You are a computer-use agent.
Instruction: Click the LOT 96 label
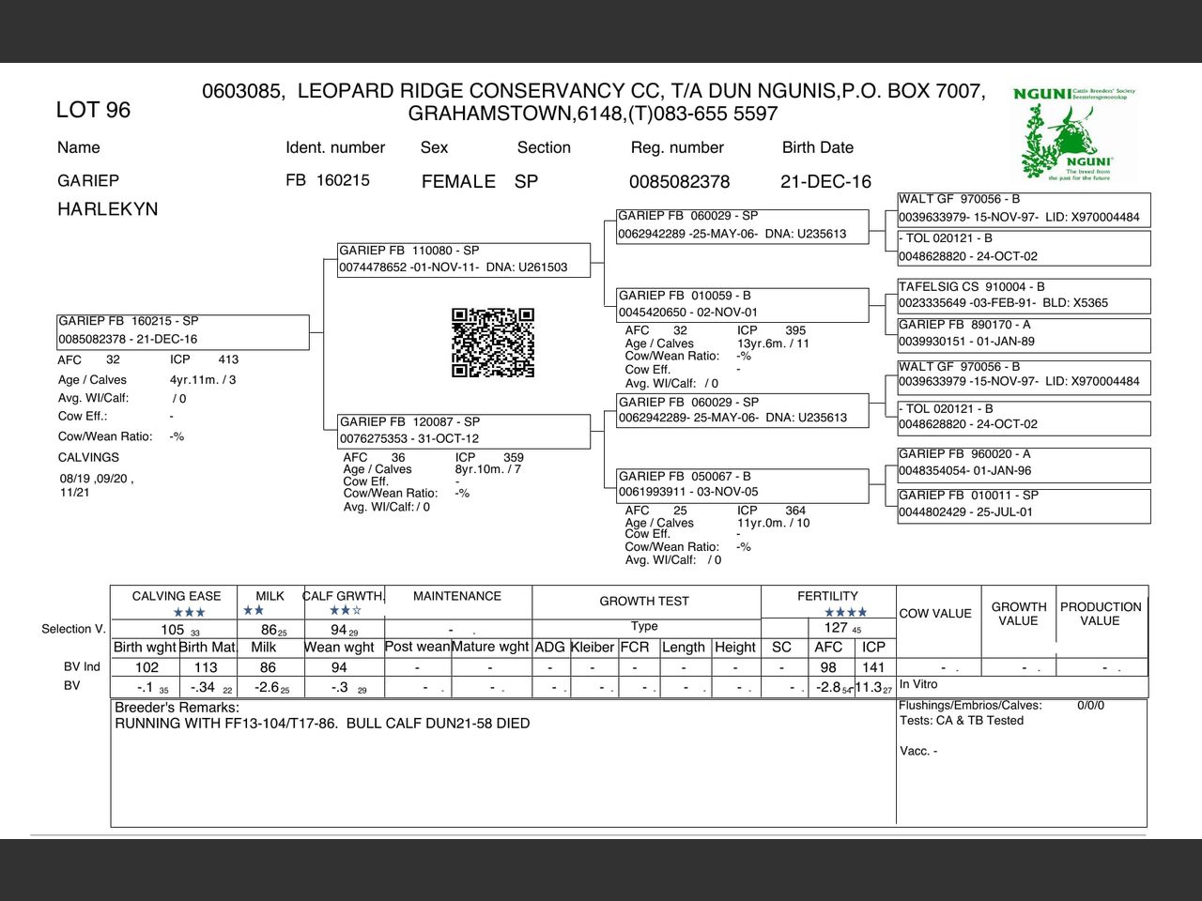93,110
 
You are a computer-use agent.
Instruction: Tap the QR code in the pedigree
493,343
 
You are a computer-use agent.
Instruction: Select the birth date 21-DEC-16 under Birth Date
825,181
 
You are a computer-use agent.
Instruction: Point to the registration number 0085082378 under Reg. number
679,181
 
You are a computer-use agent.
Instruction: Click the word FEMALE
458,181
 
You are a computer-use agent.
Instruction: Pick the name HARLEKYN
107,209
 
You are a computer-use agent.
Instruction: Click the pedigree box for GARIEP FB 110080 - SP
464,259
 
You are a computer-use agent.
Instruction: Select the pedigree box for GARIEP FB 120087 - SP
464,430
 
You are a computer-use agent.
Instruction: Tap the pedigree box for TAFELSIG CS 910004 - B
1023,295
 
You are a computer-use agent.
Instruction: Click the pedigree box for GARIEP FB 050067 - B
742,484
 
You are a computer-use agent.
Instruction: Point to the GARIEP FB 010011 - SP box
1023,504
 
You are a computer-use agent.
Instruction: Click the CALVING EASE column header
177,596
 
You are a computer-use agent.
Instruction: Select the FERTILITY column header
827,596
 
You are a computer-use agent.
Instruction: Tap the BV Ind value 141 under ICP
873,667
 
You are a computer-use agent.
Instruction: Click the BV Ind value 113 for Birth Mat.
206,667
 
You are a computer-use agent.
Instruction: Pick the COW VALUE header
935,614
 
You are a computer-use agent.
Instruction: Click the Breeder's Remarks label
177,708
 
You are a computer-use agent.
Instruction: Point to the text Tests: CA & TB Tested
961,721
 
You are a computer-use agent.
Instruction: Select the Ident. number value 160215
343,180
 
